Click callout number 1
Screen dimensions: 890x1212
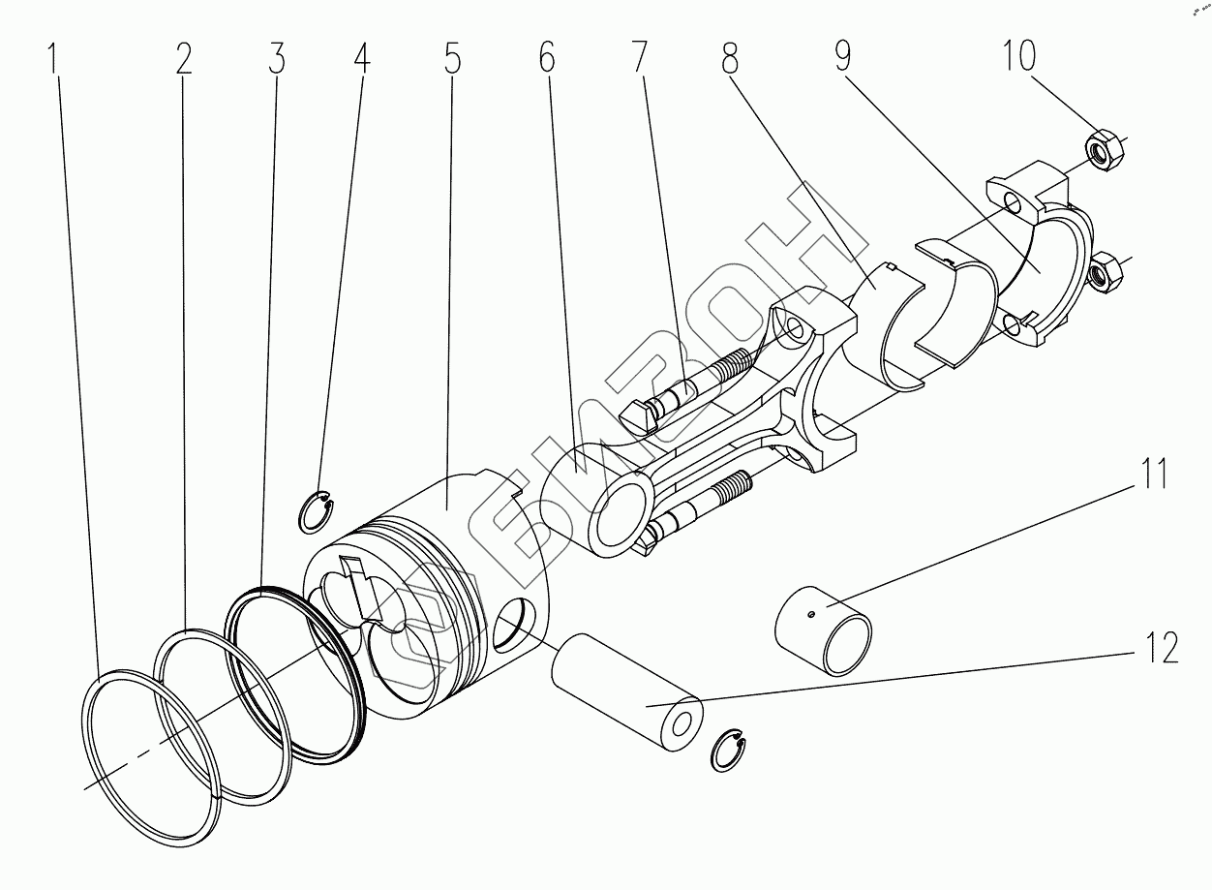[x=56, y=59]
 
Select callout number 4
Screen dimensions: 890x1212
[x=361, y=59]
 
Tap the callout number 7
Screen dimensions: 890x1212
[x=638, y=59]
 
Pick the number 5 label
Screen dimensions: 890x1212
[x=452, y=59]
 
